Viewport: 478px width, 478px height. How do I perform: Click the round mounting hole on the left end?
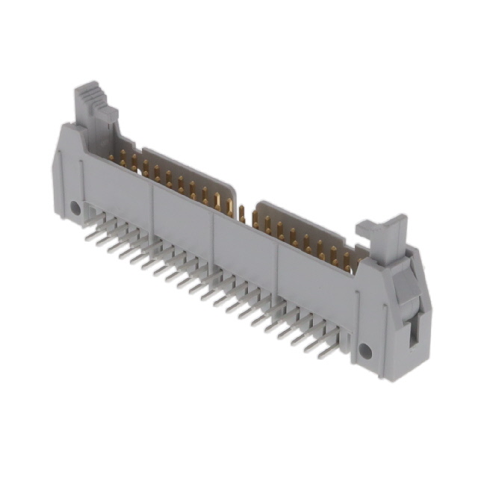[x=75, y=208]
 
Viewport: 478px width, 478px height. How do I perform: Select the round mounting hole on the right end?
[x=365, y=350]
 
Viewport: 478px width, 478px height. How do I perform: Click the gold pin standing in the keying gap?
[x=241, y=213]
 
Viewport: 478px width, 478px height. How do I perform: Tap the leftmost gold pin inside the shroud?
[x=112, y=156]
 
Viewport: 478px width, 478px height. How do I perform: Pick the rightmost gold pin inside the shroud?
[x=357, y=258]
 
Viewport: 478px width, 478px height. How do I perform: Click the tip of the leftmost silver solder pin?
[x=88, y=238]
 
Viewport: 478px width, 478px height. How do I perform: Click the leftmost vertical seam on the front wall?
[x=154, y=205]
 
